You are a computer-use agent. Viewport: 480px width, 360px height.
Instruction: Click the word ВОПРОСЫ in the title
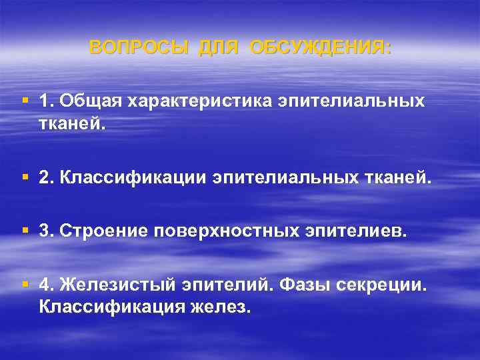tap(139, 47)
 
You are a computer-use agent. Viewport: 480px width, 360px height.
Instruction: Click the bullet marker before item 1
tap(25, 100)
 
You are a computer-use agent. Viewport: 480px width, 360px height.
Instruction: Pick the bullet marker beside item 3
tap(25, 230)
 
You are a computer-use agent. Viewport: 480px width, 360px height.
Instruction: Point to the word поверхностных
tap(229, 231)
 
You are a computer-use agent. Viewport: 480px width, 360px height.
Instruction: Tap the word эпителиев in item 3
tap(354, 231)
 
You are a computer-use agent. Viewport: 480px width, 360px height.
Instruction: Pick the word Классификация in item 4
tap(111, 307)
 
